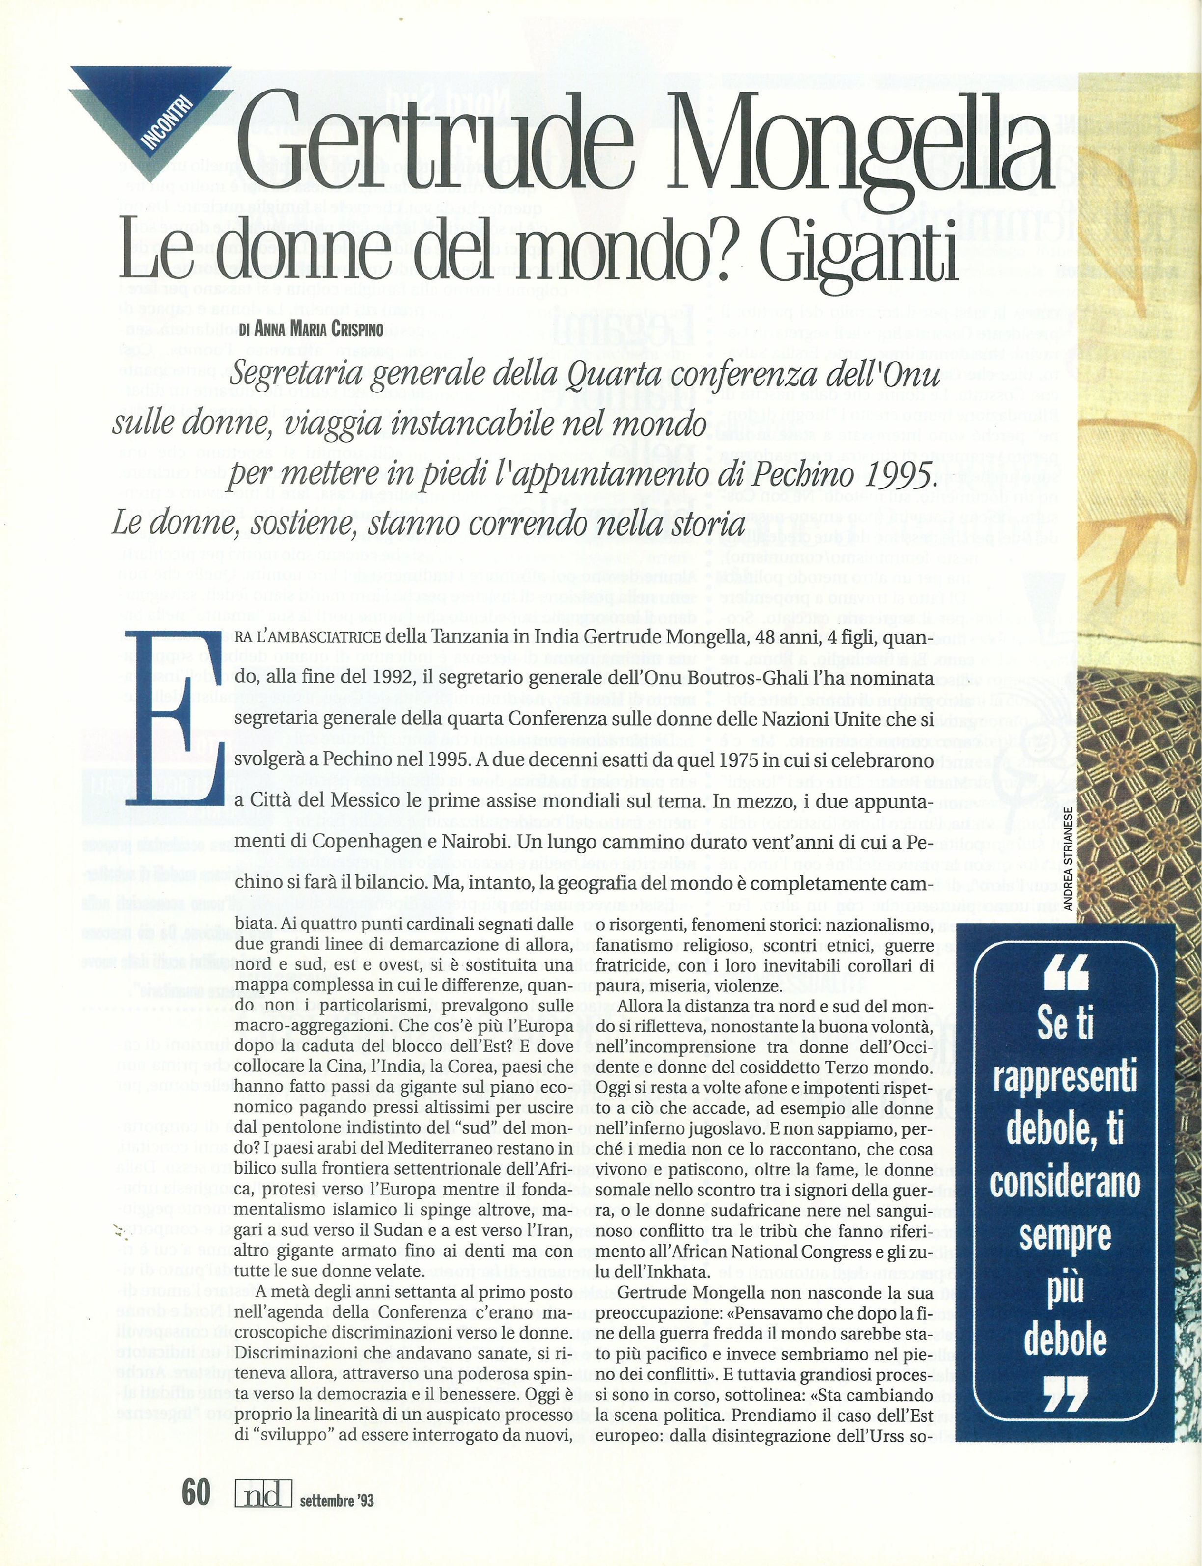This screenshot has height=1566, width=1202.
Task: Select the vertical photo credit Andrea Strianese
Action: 1067,859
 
